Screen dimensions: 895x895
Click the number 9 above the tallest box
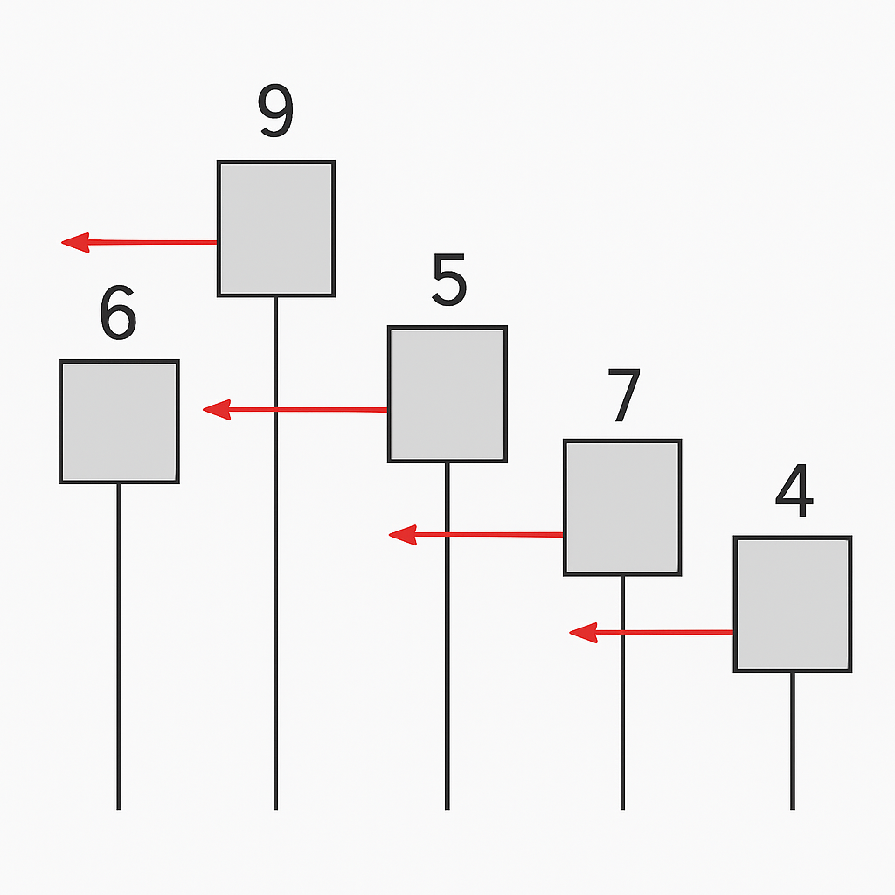pyautogui.click(x=275, y=113)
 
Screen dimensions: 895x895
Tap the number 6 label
pyautogui.click(x=118, y=314)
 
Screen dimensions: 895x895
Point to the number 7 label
pyautogui.click(x=624, y=396)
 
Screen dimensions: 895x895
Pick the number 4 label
pyautogui.click(x=794, y=495)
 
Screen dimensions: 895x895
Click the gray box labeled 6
pyautogui.click(x=119, y=421)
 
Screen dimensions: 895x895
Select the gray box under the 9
pyautogui.click(x=276, y=228)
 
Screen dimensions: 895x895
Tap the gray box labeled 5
pyautogui.click(x=447, y=393)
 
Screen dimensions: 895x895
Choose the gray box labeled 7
pyautogui.click(x=622, y=507)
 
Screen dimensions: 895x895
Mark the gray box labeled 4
pyautogui.click(x=793, y=604)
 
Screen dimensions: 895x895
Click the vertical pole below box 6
pyautogui.click(x=119, y=647)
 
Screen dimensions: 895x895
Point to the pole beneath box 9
pyautogui.click(x=275, y=612)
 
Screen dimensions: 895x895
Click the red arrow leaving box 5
pyautogui.click(x=297, y=409)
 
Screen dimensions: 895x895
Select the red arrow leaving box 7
pyautogui.click(x=481, y=535)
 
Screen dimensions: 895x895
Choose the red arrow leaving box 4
pyautogui.click(x=656, y=632)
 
